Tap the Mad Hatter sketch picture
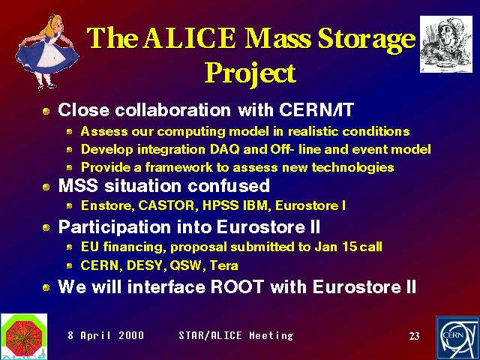point(446,44)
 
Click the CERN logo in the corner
point(457,338)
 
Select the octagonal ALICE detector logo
point(24,336)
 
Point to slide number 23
point(414,336)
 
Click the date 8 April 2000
point(106,335)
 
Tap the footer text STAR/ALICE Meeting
point(235,335)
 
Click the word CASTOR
point(166,205)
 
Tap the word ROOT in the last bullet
point(237,286)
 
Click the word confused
point(229,186)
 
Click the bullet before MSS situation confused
point(46,187)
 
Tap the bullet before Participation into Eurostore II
point(46,227)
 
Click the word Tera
point(224,265)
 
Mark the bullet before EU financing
point(70,247)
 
